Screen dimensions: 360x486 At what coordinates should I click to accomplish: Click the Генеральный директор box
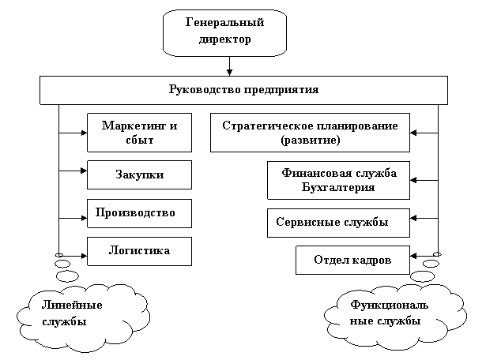pos(224,32)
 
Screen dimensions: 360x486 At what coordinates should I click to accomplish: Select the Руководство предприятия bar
pos(243,90)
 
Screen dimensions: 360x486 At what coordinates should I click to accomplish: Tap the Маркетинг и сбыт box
pos(139,133)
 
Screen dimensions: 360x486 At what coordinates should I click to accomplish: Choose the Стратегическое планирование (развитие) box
pos(310,133)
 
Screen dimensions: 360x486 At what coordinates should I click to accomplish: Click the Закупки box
pos(139,175)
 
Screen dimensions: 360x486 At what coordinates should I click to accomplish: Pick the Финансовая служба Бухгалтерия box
pos(338,181)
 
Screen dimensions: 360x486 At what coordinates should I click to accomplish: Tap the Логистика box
pos(139,251)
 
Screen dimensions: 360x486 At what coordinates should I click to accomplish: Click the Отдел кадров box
pos(352,261)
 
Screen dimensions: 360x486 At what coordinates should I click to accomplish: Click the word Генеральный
pos(224,22)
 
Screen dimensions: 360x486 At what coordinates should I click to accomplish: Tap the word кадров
pos(371,261)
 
